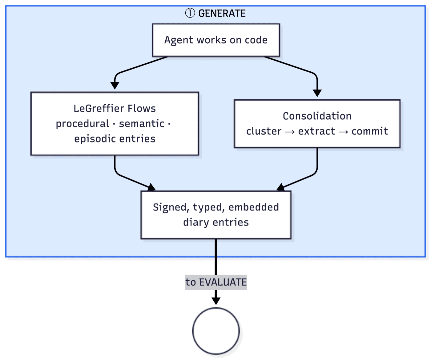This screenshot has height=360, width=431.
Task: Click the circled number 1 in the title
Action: (x=190, y=13)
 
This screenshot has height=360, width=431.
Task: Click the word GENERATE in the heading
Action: (x=222, y=13)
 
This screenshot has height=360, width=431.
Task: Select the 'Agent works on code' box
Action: (x=216, y=40)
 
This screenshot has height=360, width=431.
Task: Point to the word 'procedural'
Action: (x=82, y=123)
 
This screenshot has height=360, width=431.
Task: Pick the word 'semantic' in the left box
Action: (x=142, y=123)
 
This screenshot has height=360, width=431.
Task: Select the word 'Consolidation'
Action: (x=317, y=116)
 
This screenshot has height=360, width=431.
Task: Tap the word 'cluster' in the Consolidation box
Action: (x=264, y=131)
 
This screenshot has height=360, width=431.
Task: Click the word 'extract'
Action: (x=316, y=131)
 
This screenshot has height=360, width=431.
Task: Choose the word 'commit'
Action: (x=370, y=131)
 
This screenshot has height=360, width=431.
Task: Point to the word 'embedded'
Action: (x=253, y=207)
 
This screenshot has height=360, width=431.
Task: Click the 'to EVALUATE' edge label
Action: (x=216, y=282)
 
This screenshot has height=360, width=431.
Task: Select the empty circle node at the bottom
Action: (x=216, y=331)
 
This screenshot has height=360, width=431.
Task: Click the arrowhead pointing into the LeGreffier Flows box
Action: (x=115, y=86)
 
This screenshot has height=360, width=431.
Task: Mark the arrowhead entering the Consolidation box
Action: (x=317, y=93)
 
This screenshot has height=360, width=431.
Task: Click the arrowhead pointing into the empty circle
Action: (x=216, y=301)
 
